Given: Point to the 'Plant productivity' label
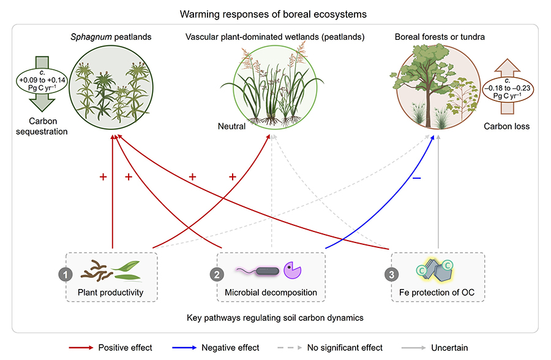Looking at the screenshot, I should coord(111,292).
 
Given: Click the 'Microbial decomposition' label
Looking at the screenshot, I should coord(271,292).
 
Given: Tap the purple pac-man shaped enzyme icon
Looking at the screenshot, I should coord(292,270).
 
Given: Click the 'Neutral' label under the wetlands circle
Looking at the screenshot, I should coord(231,127).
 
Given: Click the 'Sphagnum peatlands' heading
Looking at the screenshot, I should coord(111,37).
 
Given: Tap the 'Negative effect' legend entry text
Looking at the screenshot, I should coord(230,348).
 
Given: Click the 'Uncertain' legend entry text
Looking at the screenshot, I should coord(448,348).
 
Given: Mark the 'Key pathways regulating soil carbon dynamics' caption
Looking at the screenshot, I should coord(275,319).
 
